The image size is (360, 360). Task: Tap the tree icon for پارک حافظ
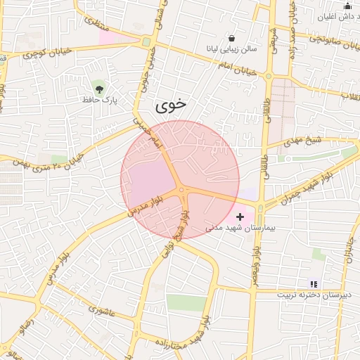tap(98, 88)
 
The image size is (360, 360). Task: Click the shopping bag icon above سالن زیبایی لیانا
tap(232, 38)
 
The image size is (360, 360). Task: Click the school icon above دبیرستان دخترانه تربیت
tap(314, 284)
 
